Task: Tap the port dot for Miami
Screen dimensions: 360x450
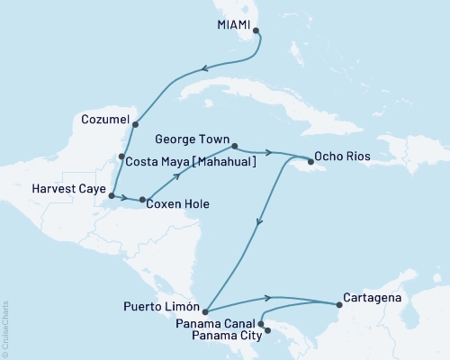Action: pyautogui.click(x=256, y=31)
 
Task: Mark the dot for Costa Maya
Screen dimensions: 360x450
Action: pyautogui.click(x=121, y=157)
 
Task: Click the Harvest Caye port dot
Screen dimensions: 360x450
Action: pyautogui.click(x=111, y=194)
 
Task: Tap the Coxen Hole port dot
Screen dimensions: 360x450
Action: pyautogui.click(x=142, y=199)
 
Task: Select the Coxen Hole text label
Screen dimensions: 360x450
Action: pyautogui.click(x=180, y=204)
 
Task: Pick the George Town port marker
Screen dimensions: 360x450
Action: pyautogui.click(x=234, y=146)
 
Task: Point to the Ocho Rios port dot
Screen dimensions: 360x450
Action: pyautogui.click(x=310, y=163)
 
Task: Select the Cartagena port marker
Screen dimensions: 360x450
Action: pyautogui.click(x=338, y=304)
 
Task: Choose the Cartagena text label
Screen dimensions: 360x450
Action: pyautogui.click(x=372, y=295)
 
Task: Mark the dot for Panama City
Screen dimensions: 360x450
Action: pyautogui.click(x=266, y=342)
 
